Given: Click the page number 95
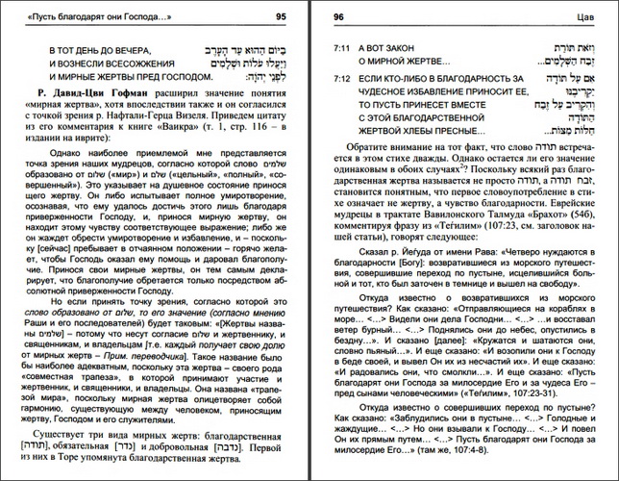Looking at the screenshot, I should [x=280, y=14].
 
